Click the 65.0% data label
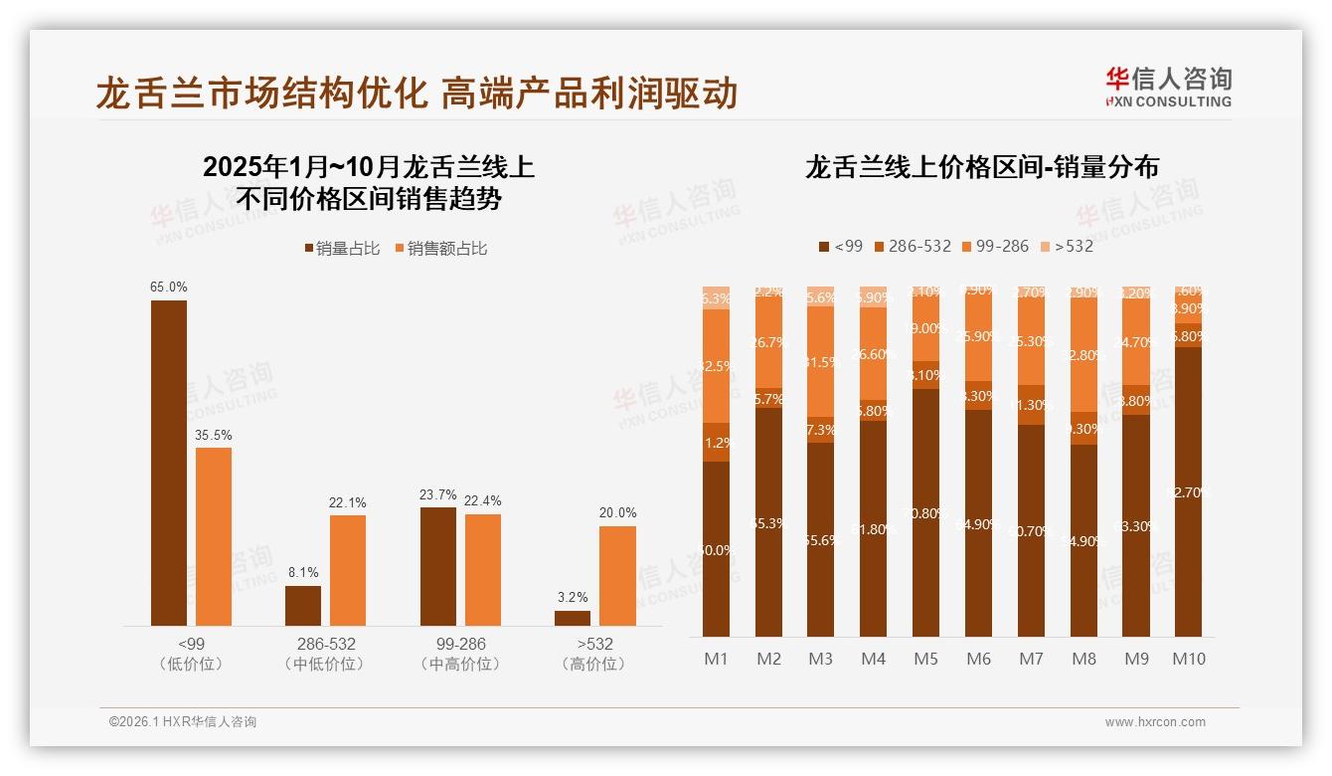click(169, 288)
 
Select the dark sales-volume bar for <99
click(169, 463)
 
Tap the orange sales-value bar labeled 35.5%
click(214, 536)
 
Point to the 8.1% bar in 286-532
click(303, 606)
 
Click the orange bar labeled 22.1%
click(348, 570)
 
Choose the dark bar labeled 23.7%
click(438, 566)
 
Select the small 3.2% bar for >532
click(573, 618)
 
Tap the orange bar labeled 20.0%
click(617, 575)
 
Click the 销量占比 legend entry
click(342, 249)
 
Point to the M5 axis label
click(926, 659)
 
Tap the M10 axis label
click(1189, 659)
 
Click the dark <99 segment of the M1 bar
click(717, 549)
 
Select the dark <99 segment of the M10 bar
click(1189, 491)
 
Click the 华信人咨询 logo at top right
click(1168, 87)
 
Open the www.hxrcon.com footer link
click(1155, 722)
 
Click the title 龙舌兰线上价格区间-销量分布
click(982, 167)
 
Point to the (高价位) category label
click(594, 664)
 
